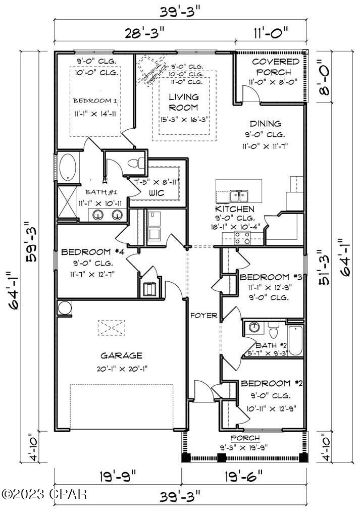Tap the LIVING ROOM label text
tap(183, 101)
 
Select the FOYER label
tap(203, 316)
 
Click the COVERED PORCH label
tap(275, 67)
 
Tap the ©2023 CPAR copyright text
tap(44, 493)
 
